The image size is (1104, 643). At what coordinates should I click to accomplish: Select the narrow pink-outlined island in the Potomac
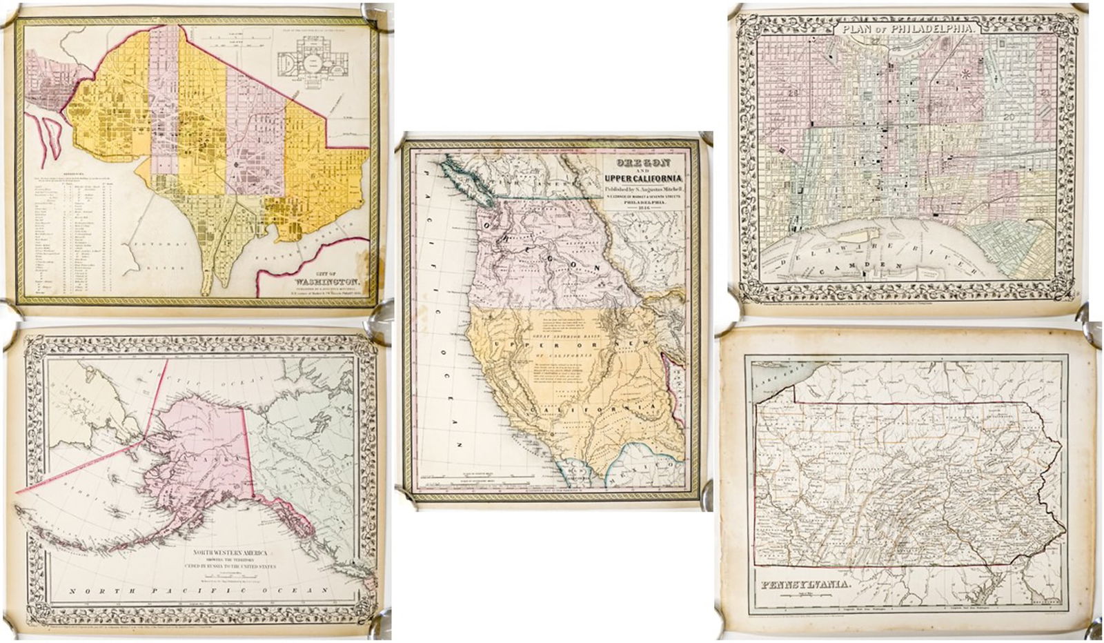pos(48,138)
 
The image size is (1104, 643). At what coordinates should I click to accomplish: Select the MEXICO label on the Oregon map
pos(642,468)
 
